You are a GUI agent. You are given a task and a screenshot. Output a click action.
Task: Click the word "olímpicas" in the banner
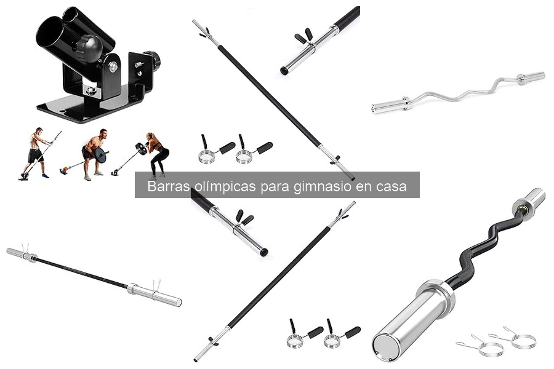pyautogui.click(x=217, y=186)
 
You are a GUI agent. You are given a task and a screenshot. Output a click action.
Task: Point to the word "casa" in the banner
pyautogui.click(x=390, y=186)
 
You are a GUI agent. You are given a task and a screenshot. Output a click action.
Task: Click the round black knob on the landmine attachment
pyautogui.click(x=90, y=48)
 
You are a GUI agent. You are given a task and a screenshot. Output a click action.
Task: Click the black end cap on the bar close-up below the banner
pyautogui.click(x=264, y=252)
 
